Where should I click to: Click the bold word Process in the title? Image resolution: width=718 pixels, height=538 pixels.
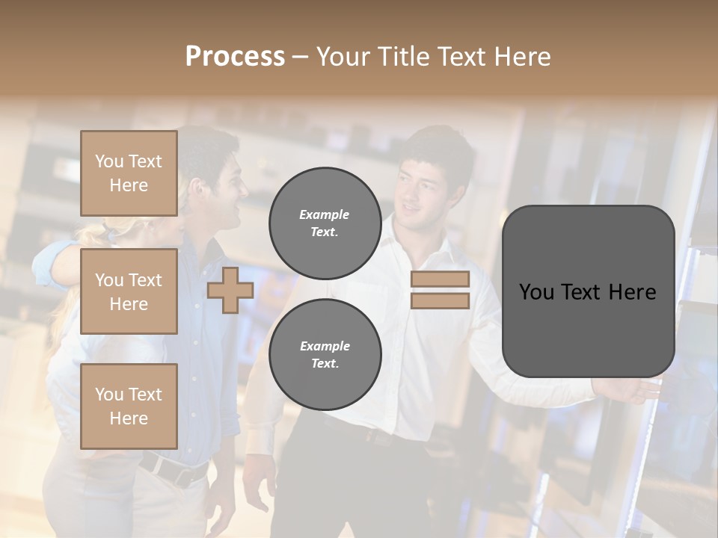click(235, 57)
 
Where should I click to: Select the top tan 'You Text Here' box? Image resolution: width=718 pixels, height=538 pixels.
click(129, 173)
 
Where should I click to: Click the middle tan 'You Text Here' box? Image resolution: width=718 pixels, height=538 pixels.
click(129, 291)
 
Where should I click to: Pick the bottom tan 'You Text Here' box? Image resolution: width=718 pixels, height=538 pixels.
click(129, 406)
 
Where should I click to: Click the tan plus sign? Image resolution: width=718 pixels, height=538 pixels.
click(230, 290)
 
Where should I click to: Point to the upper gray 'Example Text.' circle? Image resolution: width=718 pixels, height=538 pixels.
click(325, 223)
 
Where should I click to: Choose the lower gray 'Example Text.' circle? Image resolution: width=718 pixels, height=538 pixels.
click(325, 354)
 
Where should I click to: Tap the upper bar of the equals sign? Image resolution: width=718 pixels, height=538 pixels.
click(440, 279)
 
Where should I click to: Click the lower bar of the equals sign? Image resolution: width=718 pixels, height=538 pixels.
click(440, 300)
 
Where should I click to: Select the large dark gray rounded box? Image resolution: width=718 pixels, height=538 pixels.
click(588, 291)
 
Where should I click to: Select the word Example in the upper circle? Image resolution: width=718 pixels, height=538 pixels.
click(324, 214)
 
